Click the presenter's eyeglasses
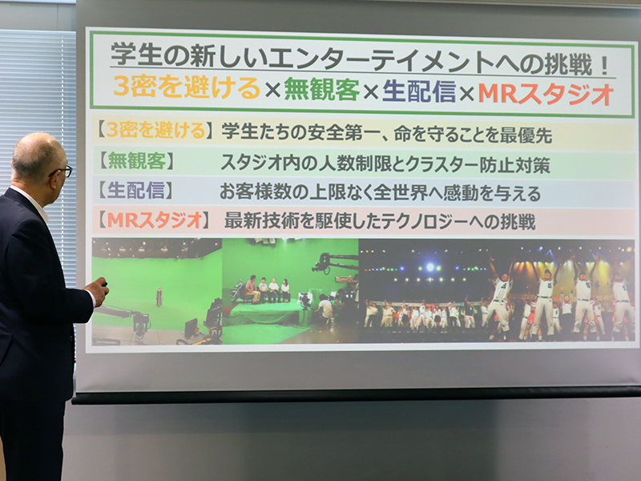[x=62, y=172]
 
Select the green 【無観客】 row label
[x=136, y=161]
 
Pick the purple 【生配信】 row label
[x=135, y=191]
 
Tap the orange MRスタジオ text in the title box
[x=546, y=94]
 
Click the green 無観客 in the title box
[x=322, y=89]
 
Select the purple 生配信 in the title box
[x=419, y=91]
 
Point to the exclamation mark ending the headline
[x=606, y=66]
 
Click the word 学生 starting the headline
[x=137, y=54]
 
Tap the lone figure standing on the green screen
[x=159, y=296]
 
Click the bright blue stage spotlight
[x=430, y=268]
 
